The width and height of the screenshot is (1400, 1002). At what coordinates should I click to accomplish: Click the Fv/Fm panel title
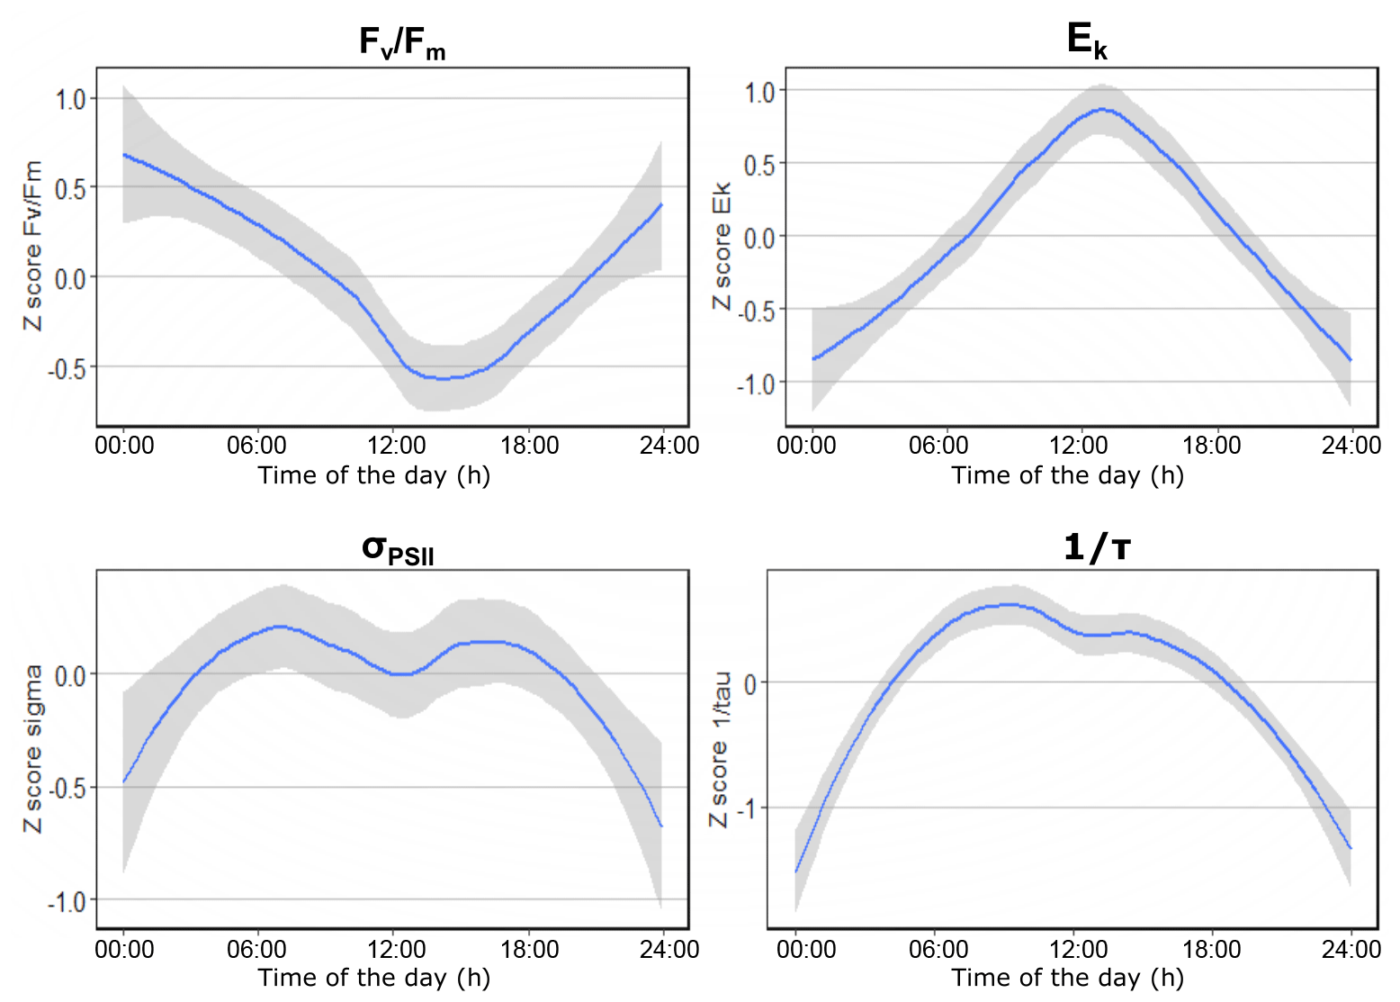(401, 42)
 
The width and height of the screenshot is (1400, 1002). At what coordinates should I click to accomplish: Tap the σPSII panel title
(398, 548)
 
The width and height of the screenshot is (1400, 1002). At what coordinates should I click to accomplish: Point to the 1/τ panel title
(1096, 546)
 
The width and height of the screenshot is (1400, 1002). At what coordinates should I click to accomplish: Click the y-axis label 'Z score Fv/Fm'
(33, 246)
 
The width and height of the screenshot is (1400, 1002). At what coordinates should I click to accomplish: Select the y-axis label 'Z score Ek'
(722, 246)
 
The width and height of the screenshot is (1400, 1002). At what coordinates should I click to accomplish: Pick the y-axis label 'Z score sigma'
(33, 748)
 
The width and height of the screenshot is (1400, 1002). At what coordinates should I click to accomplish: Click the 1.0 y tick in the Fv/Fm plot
(70, 99)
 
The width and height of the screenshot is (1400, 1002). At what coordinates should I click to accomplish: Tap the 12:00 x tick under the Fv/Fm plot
(396, 446)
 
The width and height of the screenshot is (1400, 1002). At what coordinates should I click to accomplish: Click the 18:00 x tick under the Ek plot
(1211, 446)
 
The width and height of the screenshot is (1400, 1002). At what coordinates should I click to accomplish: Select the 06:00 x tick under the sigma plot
(256, 950)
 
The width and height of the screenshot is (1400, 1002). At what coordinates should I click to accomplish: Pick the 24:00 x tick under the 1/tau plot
(1351, 950)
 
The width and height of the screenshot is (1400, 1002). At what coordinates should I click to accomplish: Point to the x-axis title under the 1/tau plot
(1067, 978)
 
